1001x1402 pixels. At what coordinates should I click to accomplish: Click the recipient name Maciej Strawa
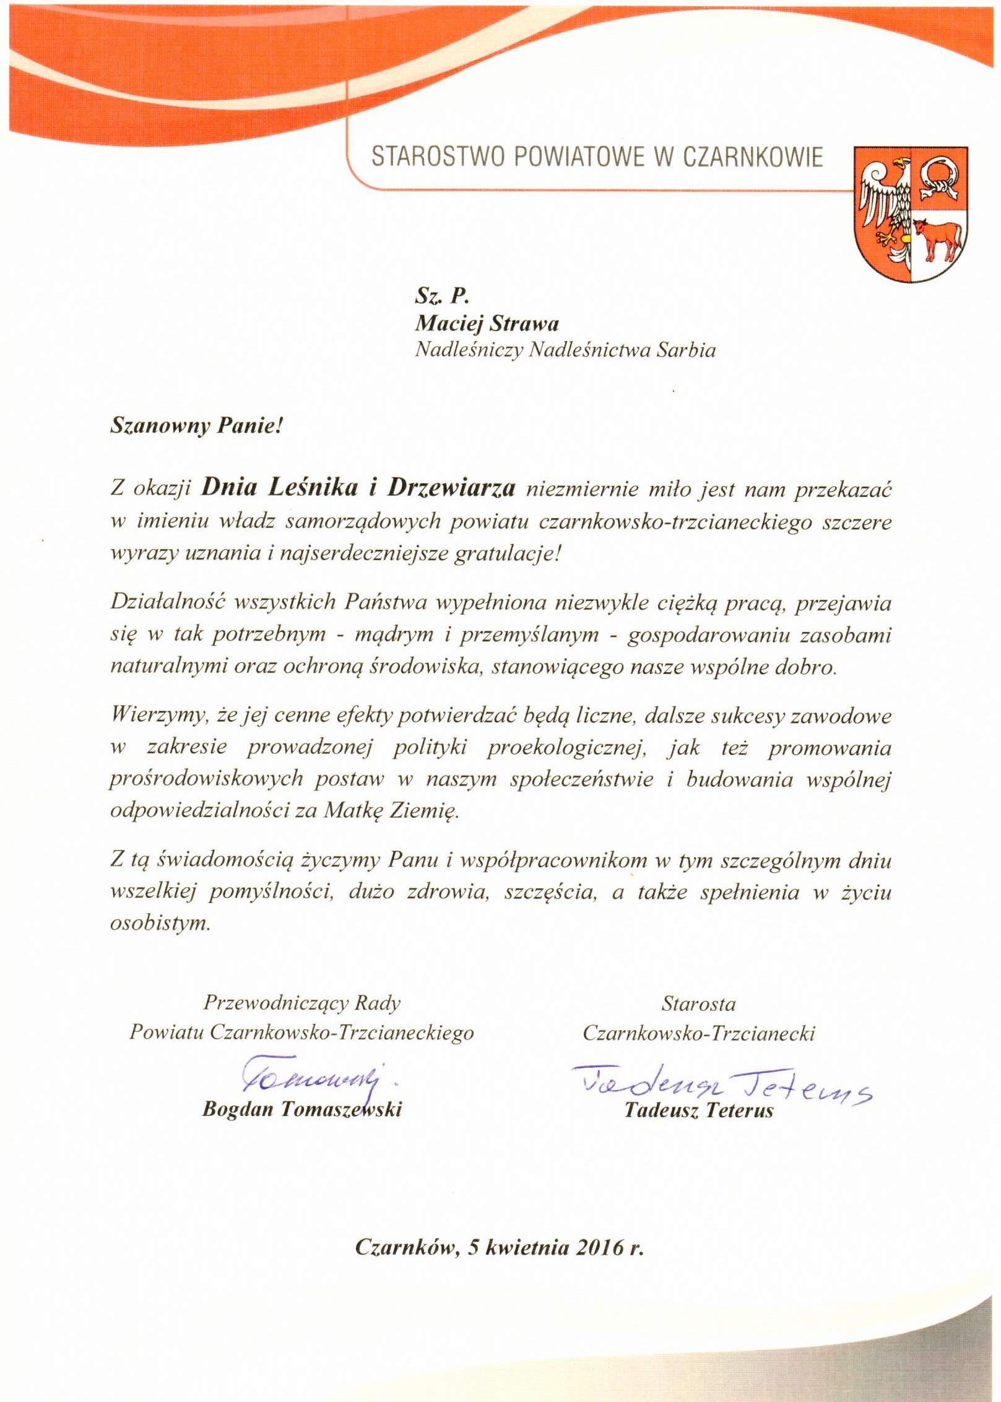tap(487, 323)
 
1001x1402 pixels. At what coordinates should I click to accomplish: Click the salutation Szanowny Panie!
tap(196, 426)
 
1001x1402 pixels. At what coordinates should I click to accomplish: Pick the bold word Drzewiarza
tap(452, 488)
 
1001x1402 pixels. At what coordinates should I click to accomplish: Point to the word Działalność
tap(163, 602)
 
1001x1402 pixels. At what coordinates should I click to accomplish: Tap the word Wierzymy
tap(157, 716)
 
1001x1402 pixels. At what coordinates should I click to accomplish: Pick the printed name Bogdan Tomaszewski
tap(302, 1109)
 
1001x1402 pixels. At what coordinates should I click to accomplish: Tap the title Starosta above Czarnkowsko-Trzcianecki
tap(698, 1003)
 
